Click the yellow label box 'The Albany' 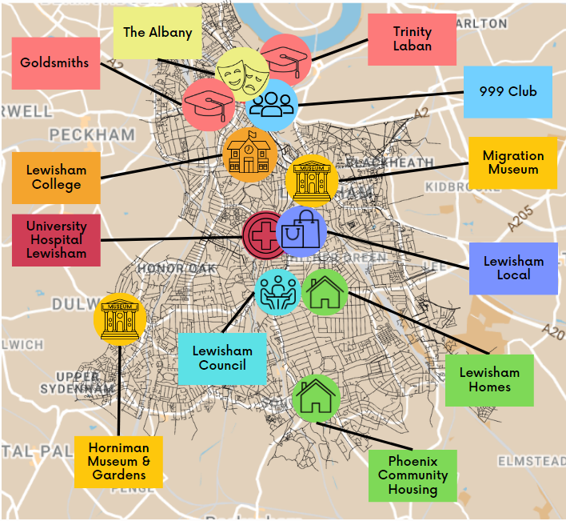(157, 34)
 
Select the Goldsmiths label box (55, 62)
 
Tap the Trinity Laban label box (412, 39)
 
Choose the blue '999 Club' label (508, 91)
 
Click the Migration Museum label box (513, 162)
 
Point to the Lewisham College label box (56, 178)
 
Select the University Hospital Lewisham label (56, 240)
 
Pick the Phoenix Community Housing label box (413, 475)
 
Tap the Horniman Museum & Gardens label (118, 462)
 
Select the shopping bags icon (301, 232)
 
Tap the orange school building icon (250, 154)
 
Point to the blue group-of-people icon (272, 104)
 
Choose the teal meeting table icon (277, 291)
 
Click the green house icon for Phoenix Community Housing (316, 397)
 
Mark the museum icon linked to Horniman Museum (118, 318)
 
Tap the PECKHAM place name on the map (92, 134)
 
